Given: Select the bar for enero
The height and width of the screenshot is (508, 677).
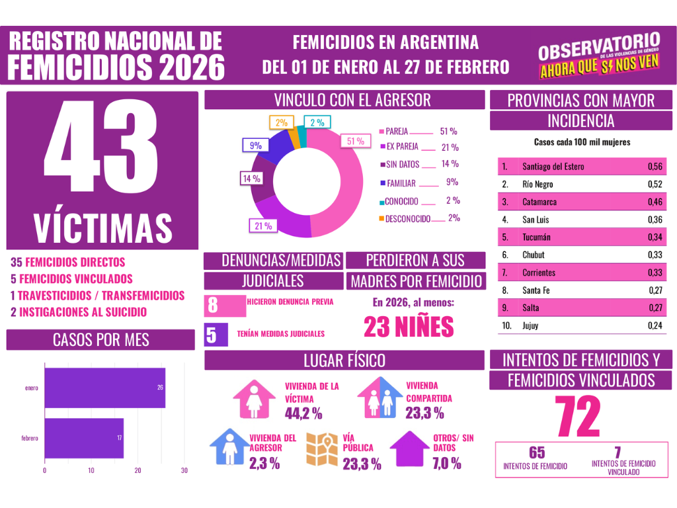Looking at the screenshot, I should [x=104, y=388].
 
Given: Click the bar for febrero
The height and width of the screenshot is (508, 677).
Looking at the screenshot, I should [x=84, y=438].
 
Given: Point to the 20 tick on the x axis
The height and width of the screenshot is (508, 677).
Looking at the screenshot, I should [x=138, y=471].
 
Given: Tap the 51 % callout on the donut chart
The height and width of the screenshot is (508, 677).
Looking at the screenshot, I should [x=355, y=141].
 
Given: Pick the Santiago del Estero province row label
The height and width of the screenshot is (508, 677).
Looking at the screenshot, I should [x=553, y=167].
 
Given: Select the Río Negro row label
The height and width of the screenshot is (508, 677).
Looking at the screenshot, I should [x=537, y=185].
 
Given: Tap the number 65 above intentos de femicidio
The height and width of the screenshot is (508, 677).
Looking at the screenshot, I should [x=536, y=453].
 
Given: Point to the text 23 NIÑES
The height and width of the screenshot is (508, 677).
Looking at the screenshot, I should [x=409, y=327].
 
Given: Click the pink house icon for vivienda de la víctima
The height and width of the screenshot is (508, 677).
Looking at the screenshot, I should [x=255, y=400].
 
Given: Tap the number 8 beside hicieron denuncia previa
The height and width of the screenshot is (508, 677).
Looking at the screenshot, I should [x=213, y=306].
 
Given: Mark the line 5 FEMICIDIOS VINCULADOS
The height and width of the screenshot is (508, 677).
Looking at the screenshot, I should [x=71, y=279].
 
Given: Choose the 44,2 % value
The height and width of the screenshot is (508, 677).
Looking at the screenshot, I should [x=303, y=414].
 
